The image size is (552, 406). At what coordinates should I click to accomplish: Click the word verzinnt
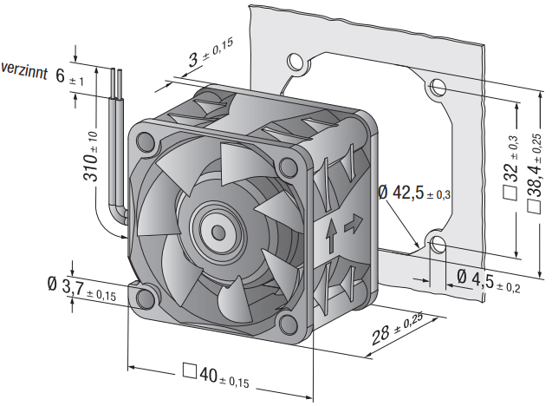tap(24, 70)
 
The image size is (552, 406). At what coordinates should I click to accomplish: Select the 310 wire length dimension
tap(91, 156)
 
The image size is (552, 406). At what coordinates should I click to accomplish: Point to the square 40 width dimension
tap(216, 375)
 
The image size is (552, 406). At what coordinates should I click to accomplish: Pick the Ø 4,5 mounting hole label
tap(489, 281)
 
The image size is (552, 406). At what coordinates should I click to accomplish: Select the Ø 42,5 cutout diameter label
tap(414, 193)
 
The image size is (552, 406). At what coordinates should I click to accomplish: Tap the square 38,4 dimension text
tap(535, 173)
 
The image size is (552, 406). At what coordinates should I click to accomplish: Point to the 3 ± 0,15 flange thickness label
tap(211, 53)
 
